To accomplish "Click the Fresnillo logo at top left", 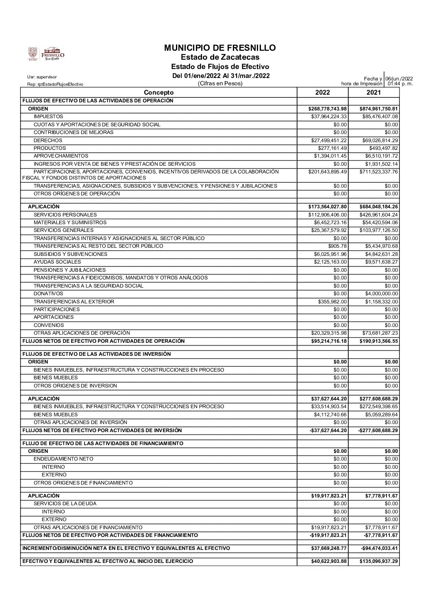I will point(46,54).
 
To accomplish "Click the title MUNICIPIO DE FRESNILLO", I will point(220,48).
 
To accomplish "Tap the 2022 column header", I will point(323,93).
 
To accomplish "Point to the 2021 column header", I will point(374,93).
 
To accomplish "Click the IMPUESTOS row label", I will point(48,117).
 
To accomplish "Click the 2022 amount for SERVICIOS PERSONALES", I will point(328,214).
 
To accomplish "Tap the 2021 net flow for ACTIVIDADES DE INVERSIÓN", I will point(379,431).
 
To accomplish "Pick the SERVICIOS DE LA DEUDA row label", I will point(65,504).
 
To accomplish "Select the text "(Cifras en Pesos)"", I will point(220,84).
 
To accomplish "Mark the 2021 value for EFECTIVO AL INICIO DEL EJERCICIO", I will point(379,561).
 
